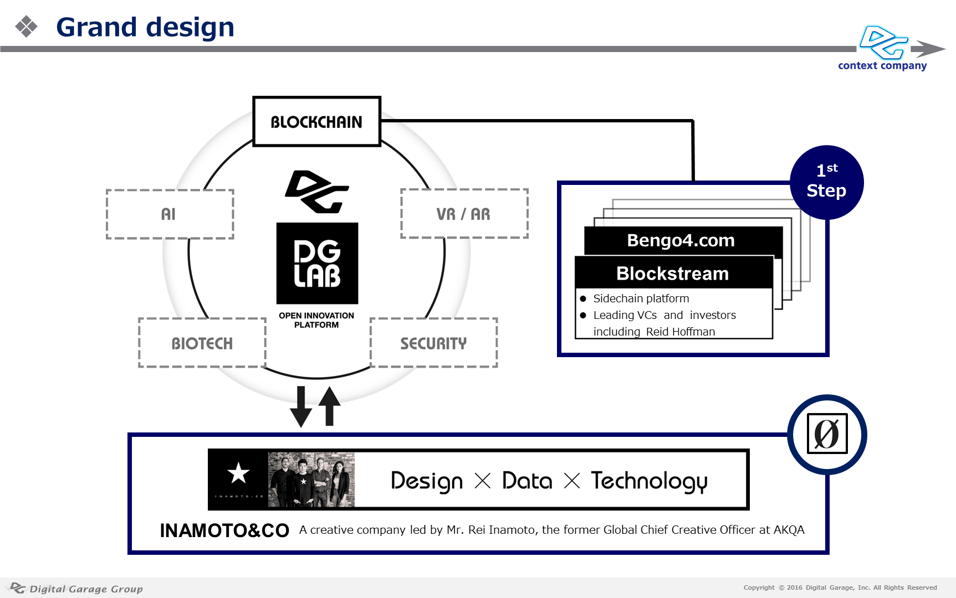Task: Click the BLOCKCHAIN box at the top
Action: pos(316,121)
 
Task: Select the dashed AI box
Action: pos(170,214)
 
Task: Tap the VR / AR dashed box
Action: pos(464,214)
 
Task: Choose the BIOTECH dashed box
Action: pos(202,343)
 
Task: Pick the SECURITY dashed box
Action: pos(433,343)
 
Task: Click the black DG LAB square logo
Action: pos(317,264)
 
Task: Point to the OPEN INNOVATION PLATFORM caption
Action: pos(316,320)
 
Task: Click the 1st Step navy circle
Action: pos(826,182)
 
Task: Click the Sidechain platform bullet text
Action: pos(641,298)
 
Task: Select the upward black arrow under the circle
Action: pos(330,406)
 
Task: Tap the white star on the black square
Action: pos(238,473)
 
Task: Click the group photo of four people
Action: pos(311,480)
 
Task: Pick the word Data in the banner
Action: pos(527,481)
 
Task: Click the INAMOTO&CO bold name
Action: pos(224,530)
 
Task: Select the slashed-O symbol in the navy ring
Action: pos(827,434)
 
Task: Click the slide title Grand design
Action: pos(145,27)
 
